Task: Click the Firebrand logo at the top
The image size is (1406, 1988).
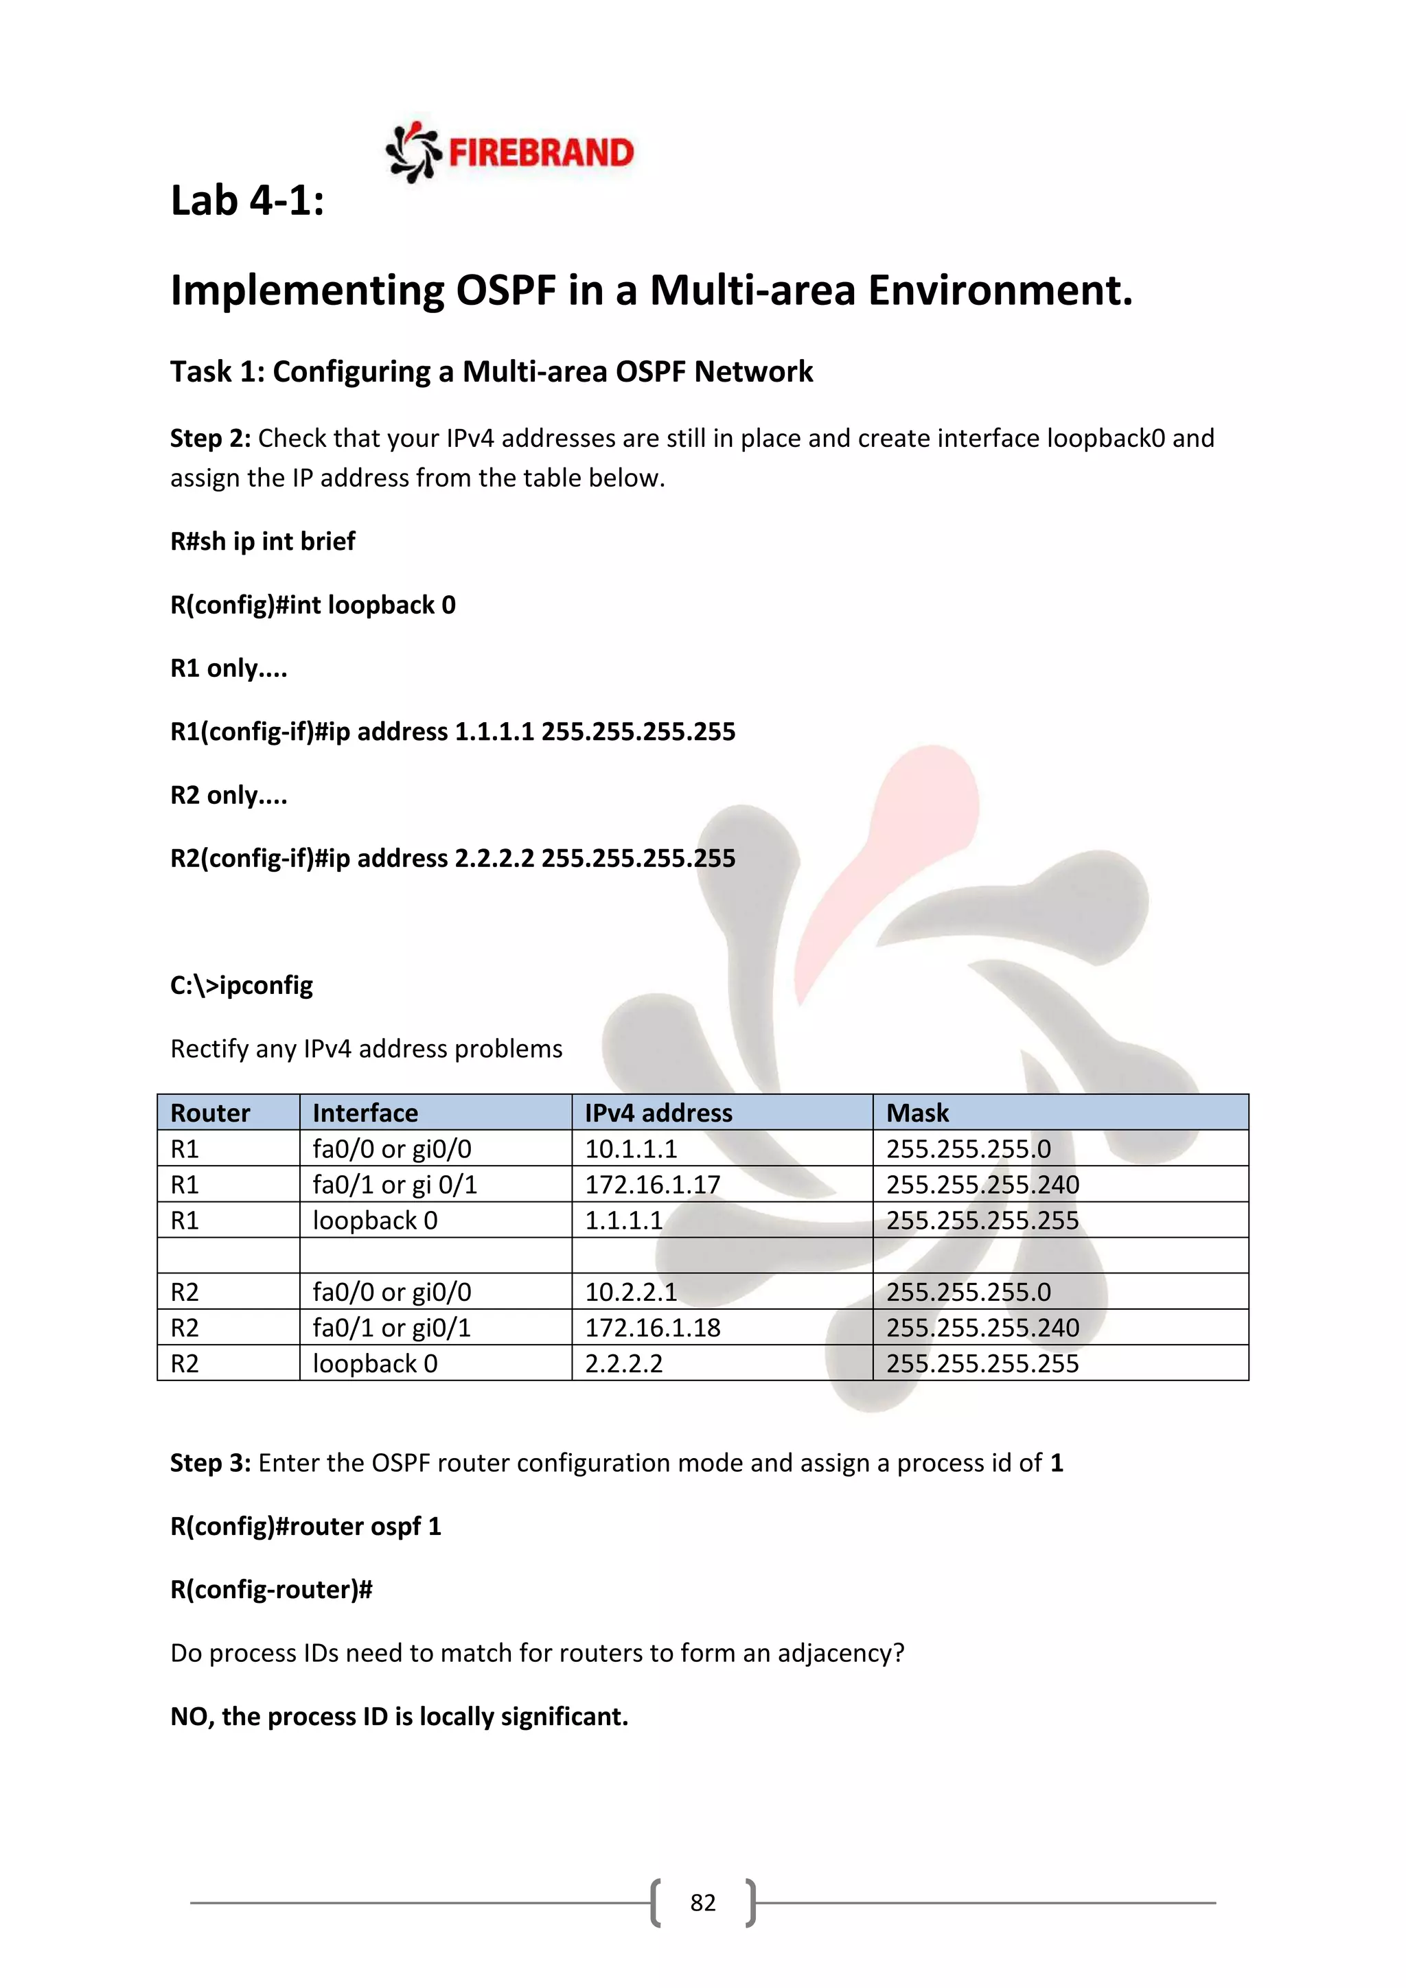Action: (x=509, y=152)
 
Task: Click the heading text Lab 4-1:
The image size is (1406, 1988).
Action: (x=248, y=201)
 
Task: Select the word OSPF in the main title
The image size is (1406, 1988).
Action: (x=505, y=290)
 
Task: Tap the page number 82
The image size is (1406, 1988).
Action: (x=702, y=1902)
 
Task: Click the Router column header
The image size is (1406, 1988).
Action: (x=210, y=1113)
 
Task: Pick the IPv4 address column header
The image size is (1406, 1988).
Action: (x=658, y=1113)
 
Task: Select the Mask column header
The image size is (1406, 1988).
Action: (x=918, y=1113)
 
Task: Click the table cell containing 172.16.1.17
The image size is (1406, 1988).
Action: (x=653, y=1184)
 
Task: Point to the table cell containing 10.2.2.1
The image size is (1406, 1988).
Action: (x=631, y=1292)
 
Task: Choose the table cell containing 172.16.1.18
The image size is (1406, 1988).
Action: (x=653, y=1328)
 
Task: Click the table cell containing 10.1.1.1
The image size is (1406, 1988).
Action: (x=631, y=1149)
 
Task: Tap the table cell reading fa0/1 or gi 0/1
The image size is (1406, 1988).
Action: (x=395, y=1184)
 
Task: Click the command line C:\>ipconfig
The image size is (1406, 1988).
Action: (x=242, y=985)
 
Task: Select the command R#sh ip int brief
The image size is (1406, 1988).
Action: (x=262, y=541)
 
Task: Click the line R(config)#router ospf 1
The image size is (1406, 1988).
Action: (x=306, y=1525)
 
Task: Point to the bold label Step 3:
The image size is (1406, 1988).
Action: (x=210, y=1462)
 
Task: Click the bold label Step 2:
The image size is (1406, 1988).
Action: (x=210, y=438)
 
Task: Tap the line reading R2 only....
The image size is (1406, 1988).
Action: (x=229, y=795)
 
